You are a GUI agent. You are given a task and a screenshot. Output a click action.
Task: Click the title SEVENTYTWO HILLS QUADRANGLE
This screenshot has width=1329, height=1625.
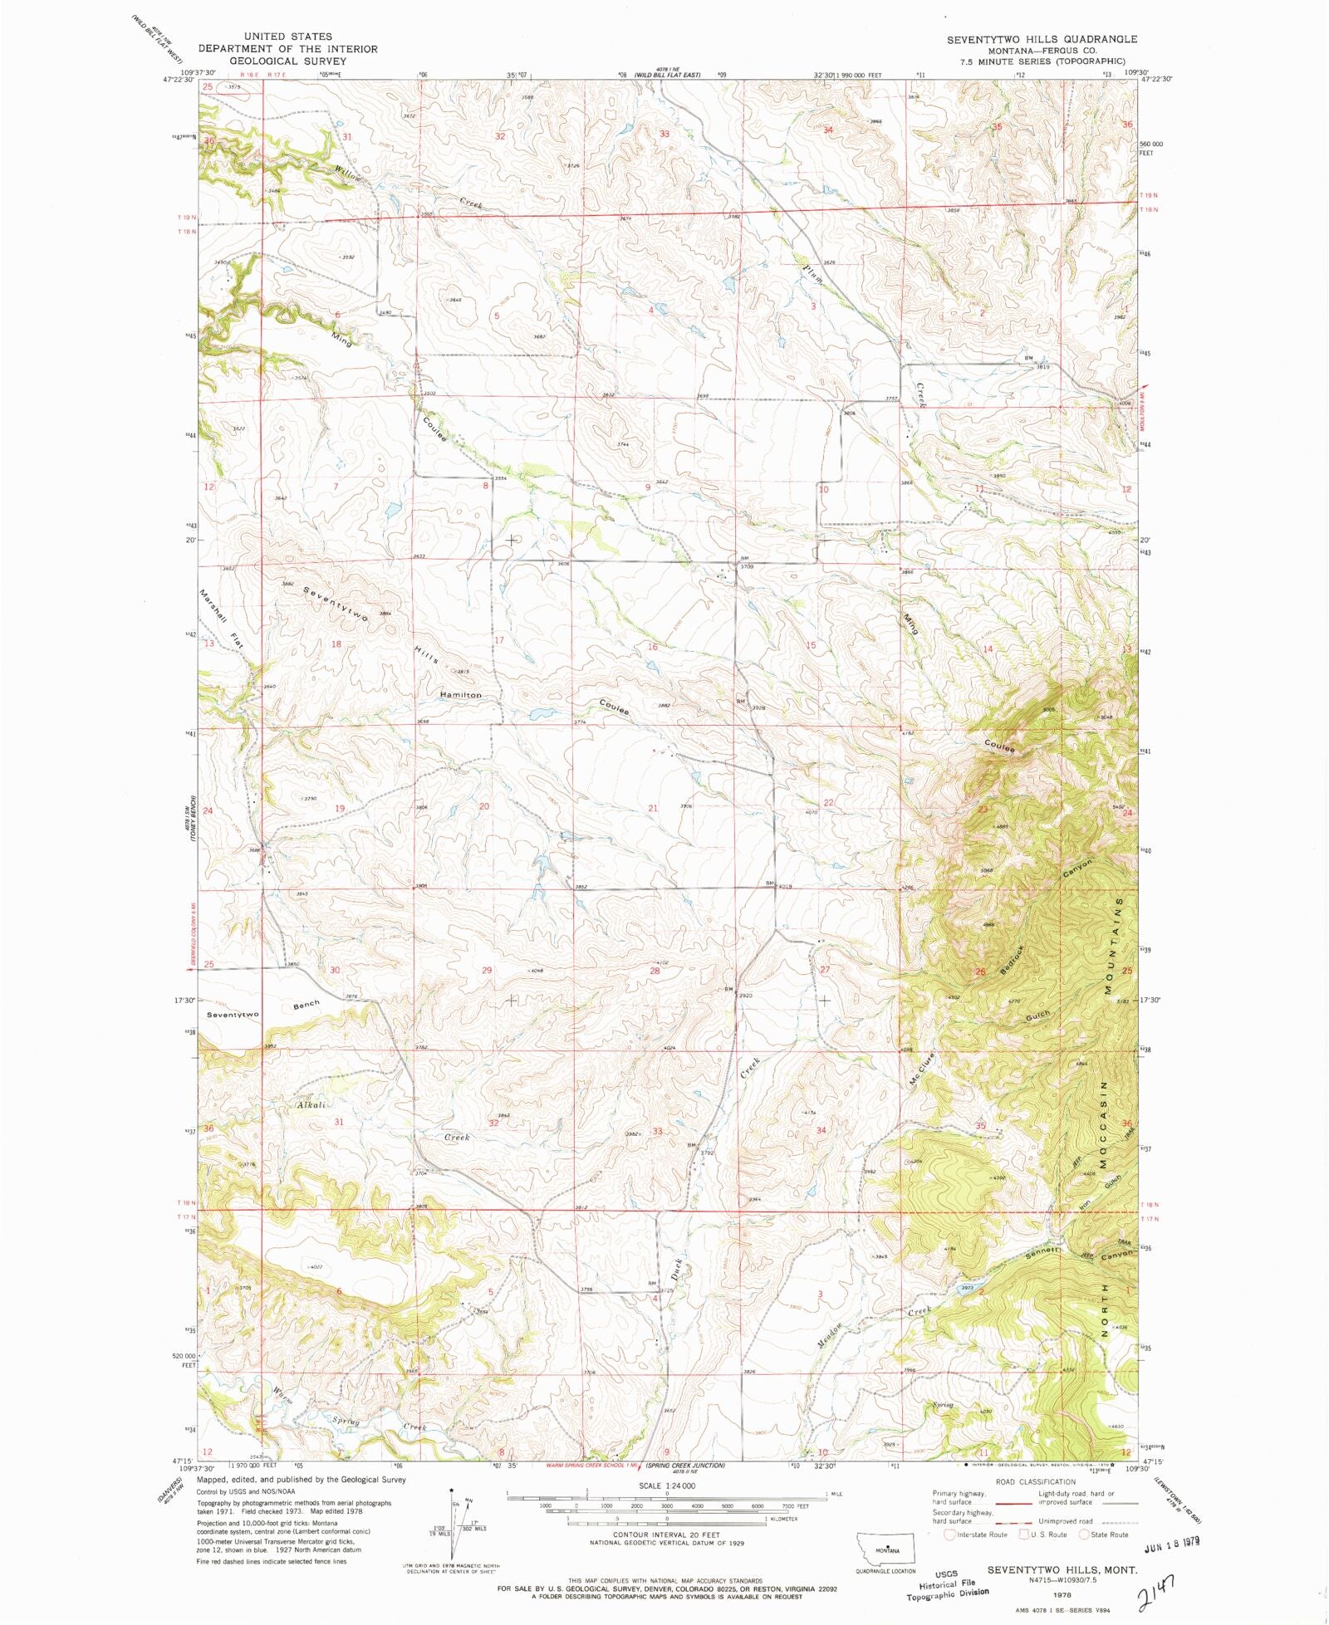pyautogui.click(x=1042, y=39)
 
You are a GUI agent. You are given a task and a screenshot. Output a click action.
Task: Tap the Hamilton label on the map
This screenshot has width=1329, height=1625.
pyautogui.click(x=460, y=694)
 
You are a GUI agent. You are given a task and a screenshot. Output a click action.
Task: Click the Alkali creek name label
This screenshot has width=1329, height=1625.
pyautogui.click(x=311, y=1105)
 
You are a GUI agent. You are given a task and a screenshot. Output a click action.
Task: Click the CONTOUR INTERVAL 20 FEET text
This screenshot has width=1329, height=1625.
pyautogui.click(x=667, y=1535)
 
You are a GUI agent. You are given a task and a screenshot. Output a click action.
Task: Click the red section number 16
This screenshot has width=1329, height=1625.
pyautogui.click(x=653, y=646)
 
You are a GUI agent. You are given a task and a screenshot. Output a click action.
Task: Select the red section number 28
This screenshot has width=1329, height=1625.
pyautogui.click(x=655, y=970)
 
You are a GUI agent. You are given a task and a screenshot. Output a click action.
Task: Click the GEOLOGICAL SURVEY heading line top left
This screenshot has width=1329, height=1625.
pyautogui.click(x=287, y=61)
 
